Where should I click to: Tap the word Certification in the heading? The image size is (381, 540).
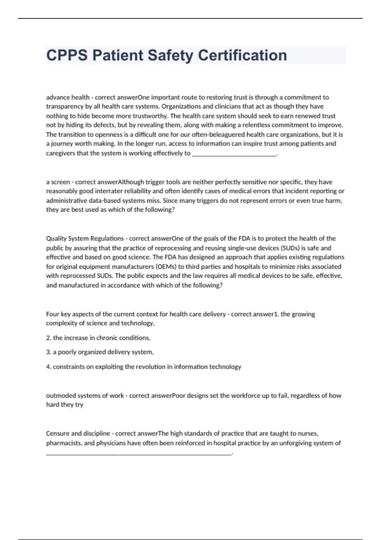click(242, 55)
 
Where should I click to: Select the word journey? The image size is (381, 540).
click(62, 144)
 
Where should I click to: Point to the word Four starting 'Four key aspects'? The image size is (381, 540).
click(52, 314)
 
